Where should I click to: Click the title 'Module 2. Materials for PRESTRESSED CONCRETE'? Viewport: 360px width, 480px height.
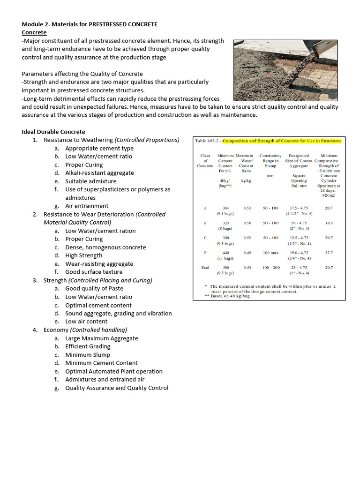(90, 24)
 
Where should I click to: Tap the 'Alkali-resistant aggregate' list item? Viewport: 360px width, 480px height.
(99, 173)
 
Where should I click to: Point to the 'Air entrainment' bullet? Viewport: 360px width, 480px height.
(87, 206)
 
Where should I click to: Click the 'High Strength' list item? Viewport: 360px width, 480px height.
(83, 255)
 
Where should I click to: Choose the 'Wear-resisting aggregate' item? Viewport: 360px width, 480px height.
(99, 264)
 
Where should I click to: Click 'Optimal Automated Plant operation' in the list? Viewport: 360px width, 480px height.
(113, 371)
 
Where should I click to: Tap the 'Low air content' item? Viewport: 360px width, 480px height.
(86, 322)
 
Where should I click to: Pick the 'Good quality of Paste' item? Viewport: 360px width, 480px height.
(94, 289)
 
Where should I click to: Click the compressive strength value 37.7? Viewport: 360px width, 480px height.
(329, 253)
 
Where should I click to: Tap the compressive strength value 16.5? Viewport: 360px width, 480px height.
(329, 223)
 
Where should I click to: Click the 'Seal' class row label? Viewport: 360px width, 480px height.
(205, 268)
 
